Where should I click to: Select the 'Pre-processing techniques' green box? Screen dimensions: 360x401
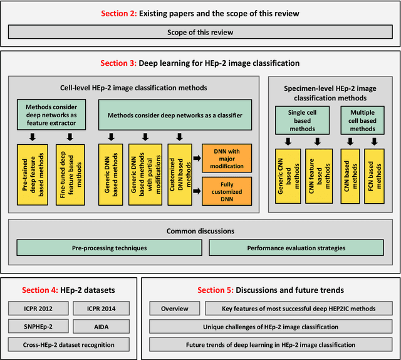coord(108,248)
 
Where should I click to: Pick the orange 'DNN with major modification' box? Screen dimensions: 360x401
coord(226,157)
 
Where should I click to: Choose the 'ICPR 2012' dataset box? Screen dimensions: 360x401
coord(36,309)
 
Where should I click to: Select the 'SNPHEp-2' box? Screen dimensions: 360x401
coord(36,326)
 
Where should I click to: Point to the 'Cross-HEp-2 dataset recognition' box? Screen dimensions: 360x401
coord(68,344)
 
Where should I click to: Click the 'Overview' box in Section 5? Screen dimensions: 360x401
coord(175,309)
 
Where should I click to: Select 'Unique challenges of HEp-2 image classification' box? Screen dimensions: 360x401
coord(270,326)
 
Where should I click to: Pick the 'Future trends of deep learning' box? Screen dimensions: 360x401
coord(270,344)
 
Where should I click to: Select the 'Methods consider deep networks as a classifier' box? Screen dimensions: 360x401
coord(175,115)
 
